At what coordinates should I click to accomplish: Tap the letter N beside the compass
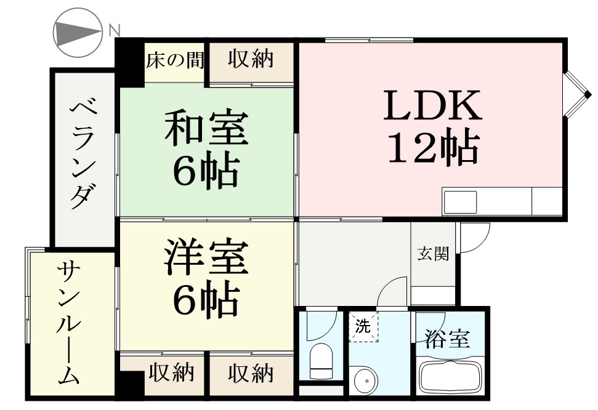[115, 30]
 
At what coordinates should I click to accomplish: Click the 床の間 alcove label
[175, 60]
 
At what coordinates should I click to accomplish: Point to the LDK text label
[432, 105]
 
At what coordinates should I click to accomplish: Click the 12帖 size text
[433, 148]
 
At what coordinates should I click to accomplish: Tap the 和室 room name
[206, 128]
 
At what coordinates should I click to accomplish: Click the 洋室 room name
[206, 257]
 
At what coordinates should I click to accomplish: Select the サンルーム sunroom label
[70, 323]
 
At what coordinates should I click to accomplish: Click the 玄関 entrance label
[433, 254]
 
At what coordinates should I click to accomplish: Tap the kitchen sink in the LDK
[460, 202]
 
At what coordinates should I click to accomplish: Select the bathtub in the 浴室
[448, 376]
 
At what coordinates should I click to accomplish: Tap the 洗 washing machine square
[364, 327]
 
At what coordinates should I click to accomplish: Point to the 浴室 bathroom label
[448, 339]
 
